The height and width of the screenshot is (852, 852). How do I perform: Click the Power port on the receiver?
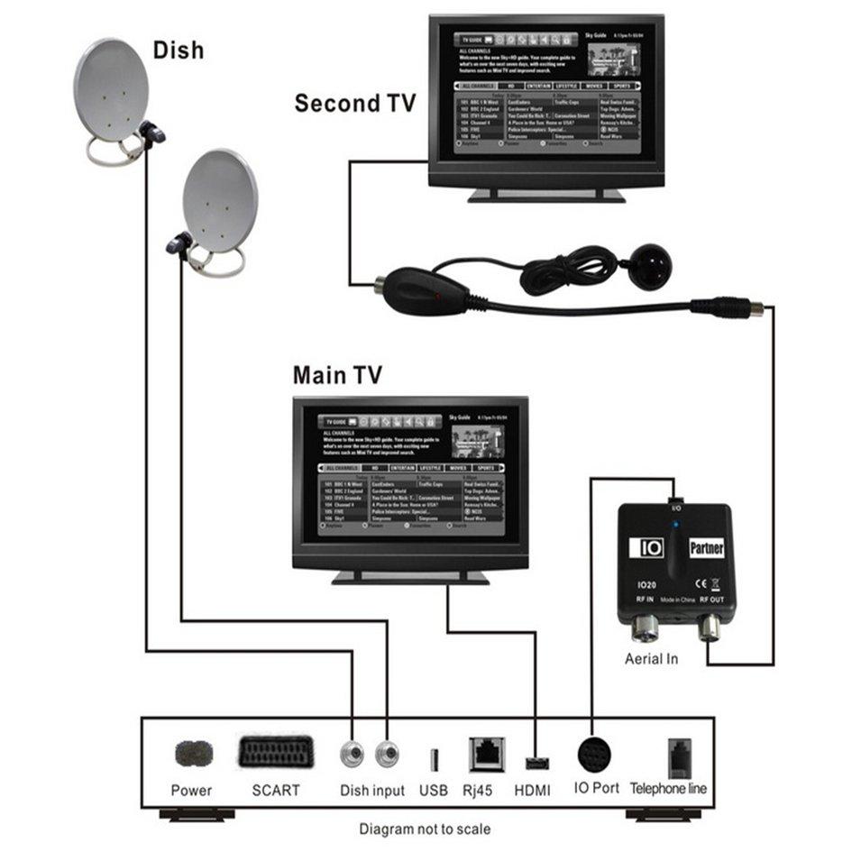point(193,751)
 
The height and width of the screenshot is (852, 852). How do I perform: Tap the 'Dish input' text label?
point(372,791)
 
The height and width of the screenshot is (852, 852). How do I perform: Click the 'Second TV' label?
point(355,104)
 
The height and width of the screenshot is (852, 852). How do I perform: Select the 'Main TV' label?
point(337,374)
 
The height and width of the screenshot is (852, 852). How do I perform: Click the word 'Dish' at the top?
point(179,50)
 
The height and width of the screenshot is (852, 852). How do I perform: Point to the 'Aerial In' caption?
point(651,659)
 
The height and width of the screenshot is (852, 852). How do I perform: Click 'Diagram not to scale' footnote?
point(426,828)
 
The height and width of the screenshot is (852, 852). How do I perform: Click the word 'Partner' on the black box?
point(706,547)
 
